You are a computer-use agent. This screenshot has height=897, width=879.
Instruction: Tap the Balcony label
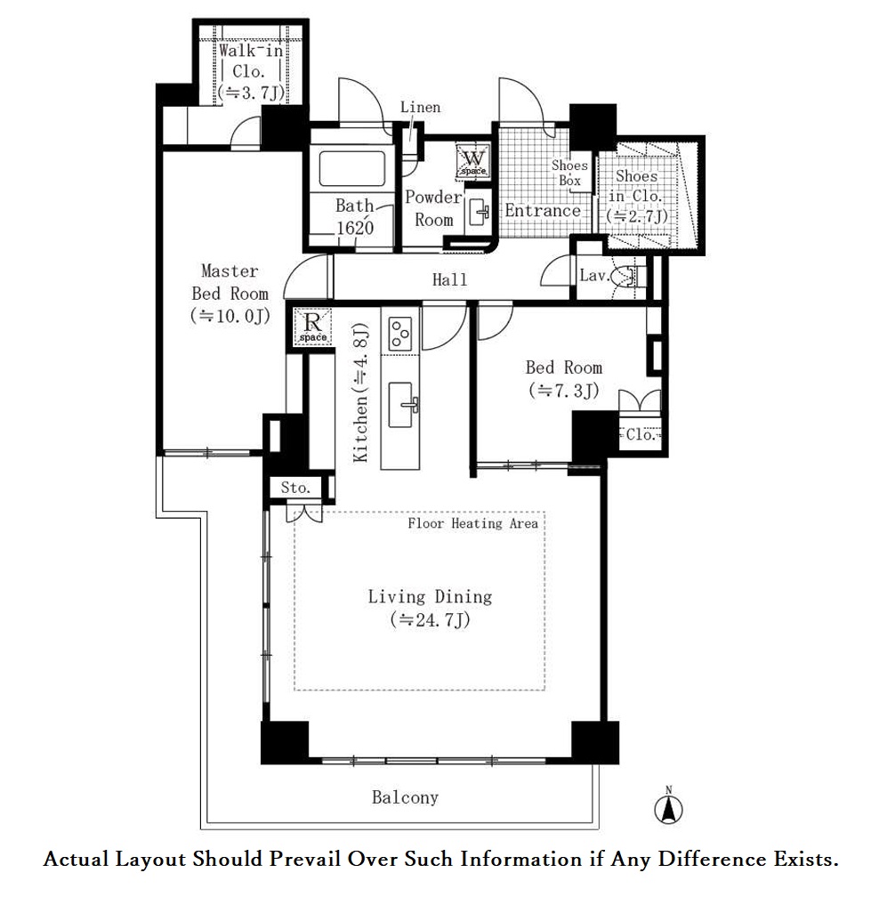click(x=405, y=797)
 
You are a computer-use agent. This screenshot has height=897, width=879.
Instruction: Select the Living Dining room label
click(x=430, y=597)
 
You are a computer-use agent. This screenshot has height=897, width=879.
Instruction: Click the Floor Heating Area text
click(x=473, y=523)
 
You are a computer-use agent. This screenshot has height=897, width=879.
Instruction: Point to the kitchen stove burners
click(x=399, y=334)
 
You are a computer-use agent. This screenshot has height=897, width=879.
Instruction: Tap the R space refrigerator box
click(x=313, y=327)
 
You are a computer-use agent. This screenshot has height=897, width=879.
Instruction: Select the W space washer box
click(x=473, y=160)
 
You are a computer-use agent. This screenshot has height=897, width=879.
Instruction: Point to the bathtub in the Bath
click(x=351, y=168)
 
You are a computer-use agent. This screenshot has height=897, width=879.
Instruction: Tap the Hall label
click(x=449, y=279)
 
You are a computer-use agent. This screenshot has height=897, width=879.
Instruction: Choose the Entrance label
click(x=542, y=211)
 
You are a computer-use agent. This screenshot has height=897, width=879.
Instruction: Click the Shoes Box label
click(x=569, y=173)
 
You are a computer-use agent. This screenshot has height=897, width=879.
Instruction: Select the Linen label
click(x=420, y=107)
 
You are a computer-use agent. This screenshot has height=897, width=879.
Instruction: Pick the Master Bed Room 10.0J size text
click(x=230, y=316)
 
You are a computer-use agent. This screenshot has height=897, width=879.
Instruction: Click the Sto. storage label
click(x=295, y=488)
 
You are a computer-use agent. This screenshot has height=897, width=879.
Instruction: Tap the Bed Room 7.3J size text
click(x=564, y=391)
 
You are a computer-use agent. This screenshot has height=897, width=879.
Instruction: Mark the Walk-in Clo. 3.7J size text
click(x=251, y=93)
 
